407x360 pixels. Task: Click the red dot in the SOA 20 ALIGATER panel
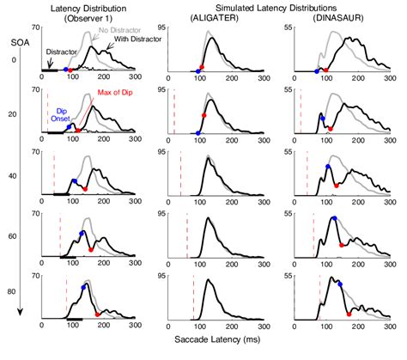[203, 114]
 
